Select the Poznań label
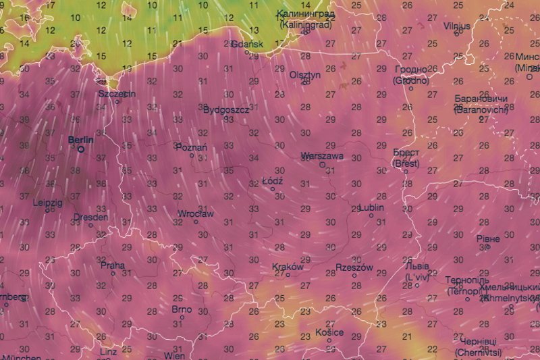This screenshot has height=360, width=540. [191, 147]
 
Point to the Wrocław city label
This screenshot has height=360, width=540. [195, 213]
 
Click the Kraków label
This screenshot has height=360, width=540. [288, 266]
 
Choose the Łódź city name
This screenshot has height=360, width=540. [272, 181]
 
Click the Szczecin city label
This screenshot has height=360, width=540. [117, 94]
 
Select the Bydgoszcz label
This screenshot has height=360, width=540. [226, 109]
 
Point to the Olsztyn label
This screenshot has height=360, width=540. [304, 75]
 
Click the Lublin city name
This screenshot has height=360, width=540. [376, 207]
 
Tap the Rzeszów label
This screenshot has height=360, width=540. [354, 267]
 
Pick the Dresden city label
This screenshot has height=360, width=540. [90, 217]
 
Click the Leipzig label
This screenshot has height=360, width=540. [47, 202]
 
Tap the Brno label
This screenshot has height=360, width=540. [182, 309]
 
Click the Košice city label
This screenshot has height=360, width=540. [329, 332]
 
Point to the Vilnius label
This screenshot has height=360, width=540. [457, 26]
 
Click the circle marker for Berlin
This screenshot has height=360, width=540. [81, 149]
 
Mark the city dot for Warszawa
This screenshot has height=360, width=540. [323, 164]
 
